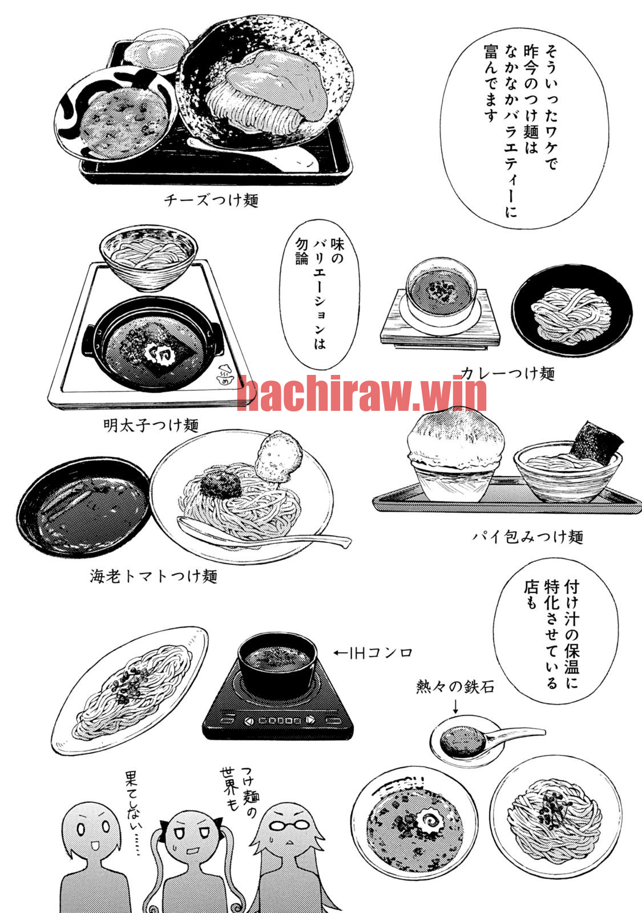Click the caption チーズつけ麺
point(211,200)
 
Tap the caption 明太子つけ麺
point(151,426)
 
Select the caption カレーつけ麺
point(508,373)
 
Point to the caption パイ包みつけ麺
point(528,537)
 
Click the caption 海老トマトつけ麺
point(154,576)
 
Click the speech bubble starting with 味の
point(320,294)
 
